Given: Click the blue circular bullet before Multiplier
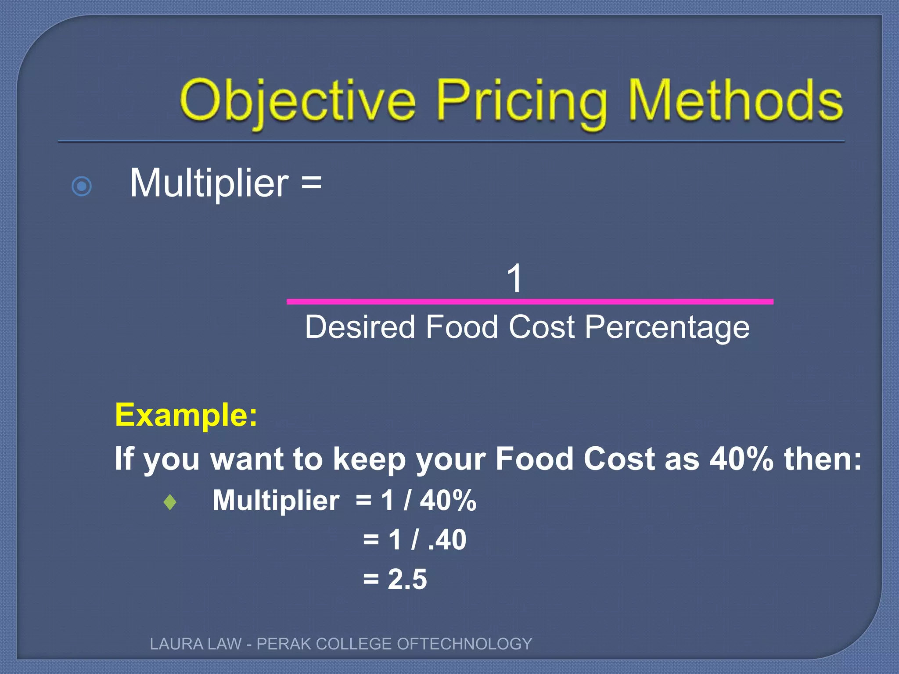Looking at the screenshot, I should [82, 186].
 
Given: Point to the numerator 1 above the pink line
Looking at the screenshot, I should [514, 278].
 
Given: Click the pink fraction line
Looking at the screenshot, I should [529, 302].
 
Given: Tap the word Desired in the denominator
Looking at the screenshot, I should [360, 327].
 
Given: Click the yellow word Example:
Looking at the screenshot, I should [186, 415].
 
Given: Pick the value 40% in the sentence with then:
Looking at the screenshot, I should [741, 459].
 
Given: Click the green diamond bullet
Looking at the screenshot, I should [170, 502].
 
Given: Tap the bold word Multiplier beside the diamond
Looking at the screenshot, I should [276, 500].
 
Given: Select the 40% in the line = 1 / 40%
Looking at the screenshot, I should [448, 500].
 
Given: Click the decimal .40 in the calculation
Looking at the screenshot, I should [447, 540].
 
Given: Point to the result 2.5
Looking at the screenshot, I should [407, 579].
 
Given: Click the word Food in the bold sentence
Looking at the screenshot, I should [534, 459].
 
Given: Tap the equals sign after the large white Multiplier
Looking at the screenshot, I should [311, 183].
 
